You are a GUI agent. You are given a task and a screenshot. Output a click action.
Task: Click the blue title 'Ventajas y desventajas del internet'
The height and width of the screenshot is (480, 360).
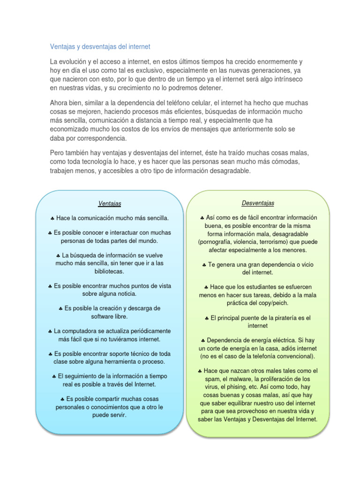(x=100, y=47)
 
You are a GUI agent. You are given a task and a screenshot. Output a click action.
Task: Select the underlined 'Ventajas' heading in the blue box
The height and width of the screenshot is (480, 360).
(x=110, y=203)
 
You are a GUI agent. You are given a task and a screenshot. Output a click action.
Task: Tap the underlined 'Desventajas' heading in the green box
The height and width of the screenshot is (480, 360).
(x=258, y=203)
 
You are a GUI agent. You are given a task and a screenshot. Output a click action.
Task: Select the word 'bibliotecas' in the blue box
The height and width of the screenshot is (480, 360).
(x=109, y=271)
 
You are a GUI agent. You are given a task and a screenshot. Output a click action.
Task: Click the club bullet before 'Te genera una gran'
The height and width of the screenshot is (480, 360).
(x=204, y=265)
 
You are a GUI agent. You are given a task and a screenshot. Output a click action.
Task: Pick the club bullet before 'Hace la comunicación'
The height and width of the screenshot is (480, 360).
(x=52, y=218)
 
